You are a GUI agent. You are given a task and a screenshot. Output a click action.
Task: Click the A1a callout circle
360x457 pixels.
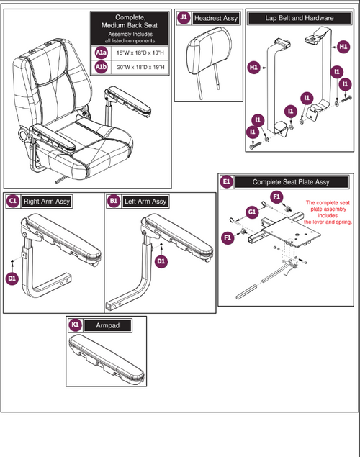[x=101, y=53]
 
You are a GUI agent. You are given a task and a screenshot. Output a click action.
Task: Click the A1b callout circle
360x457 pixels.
[x=101, y=68]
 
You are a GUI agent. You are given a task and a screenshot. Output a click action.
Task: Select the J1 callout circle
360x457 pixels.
[x=184, y=16]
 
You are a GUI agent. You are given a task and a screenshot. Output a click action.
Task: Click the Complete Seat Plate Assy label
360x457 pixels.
[x=292, y=182]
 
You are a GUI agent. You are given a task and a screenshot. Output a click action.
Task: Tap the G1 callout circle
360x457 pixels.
[x=251, y=212]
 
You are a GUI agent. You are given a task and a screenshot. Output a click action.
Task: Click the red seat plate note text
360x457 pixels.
[x=319, y=213]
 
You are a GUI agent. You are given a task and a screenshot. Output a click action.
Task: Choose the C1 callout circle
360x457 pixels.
[x=12, y=201]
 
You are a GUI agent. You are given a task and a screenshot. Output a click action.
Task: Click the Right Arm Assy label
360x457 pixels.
[x=46, y=201]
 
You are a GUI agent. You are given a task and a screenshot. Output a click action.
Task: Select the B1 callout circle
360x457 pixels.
[x=114, y=201]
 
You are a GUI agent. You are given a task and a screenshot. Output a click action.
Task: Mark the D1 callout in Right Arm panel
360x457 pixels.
[x=12, y=277]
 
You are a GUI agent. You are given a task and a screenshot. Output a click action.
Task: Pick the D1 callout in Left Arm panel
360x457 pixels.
[x=161, y=260]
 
